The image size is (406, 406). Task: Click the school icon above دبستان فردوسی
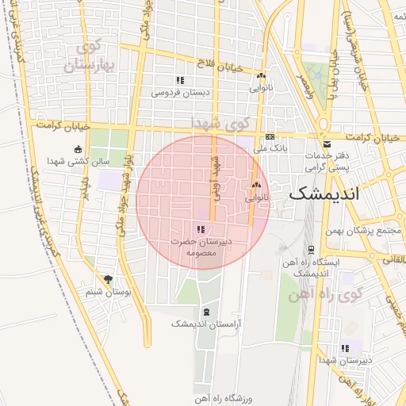(180, 80)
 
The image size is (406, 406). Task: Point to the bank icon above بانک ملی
(270, 136)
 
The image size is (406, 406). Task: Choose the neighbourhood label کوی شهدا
(220, 123)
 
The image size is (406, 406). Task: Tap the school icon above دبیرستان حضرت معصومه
(200, 228)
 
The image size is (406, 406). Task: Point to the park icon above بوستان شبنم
(108, 279)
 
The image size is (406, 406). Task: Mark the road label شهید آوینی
(214, 176)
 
